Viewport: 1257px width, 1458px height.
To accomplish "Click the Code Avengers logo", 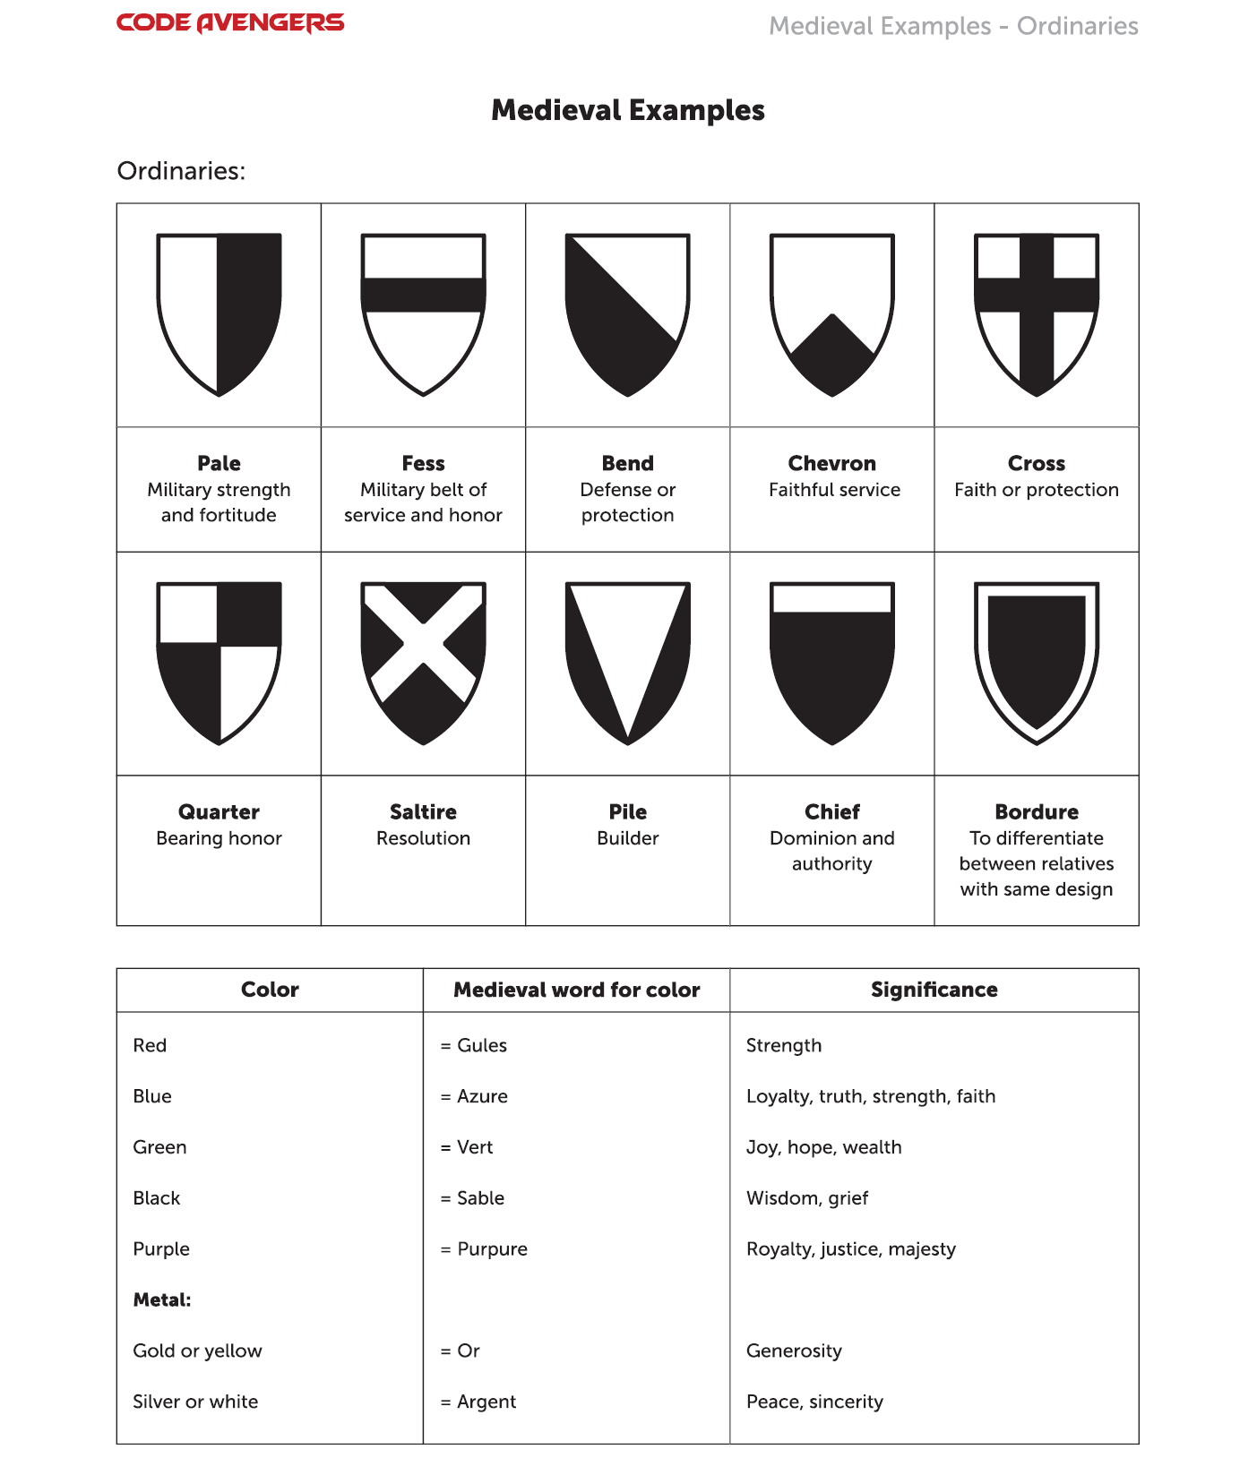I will point(230,22).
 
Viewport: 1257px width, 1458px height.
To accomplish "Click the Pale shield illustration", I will point(220,313).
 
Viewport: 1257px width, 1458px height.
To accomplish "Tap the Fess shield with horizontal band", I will point(424,313).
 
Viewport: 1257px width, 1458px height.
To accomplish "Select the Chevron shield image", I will point(832,313).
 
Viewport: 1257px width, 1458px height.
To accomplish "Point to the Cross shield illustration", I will point(1037,313).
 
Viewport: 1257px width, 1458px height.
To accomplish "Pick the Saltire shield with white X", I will point(424,663).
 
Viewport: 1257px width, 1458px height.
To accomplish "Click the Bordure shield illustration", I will point(1037,663).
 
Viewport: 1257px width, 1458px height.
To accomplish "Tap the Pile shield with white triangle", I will point(628,663).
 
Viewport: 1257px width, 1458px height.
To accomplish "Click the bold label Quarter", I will point(220,811).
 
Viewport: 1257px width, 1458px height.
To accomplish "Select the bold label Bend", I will point(628,463).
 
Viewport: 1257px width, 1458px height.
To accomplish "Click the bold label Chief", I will point(832,811).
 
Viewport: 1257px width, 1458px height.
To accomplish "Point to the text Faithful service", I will point(834,490).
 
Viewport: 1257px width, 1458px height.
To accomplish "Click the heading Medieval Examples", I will point(628,110).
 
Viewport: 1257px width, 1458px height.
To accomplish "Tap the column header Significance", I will point(934,990).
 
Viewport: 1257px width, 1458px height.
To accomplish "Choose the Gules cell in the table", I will point(481,1045).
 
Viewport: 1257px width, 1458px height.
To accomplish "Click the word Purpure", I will point(492,1249).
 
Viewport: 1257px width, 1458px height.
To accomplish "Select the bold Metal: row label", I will point(162,1299).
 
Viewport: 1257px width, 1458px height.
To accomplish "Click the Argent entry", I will point(486,1402).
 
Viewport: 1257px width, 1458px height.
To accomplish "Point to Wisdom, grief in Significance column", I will point(807,1198).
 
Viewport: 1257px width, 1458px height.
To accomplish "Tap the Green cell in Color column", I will point(159,1147).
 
